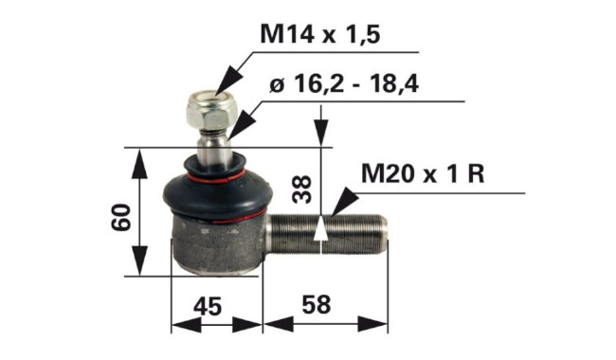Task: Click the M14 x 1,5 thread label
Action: (320, 34)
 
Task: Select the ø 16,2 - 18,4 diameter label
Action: (344, 84)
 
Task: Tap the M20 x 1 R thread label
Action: (423, 173)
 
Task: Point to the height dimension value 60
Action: (120, 217)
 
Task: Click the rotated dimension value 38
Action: (302, 189)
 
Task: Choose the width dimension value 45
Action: (208, 306)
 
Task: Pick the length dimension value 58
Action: (317, 305)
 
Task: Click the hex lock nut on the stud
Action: (211, 110)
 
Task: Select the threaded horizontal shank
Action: (326, 234)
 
